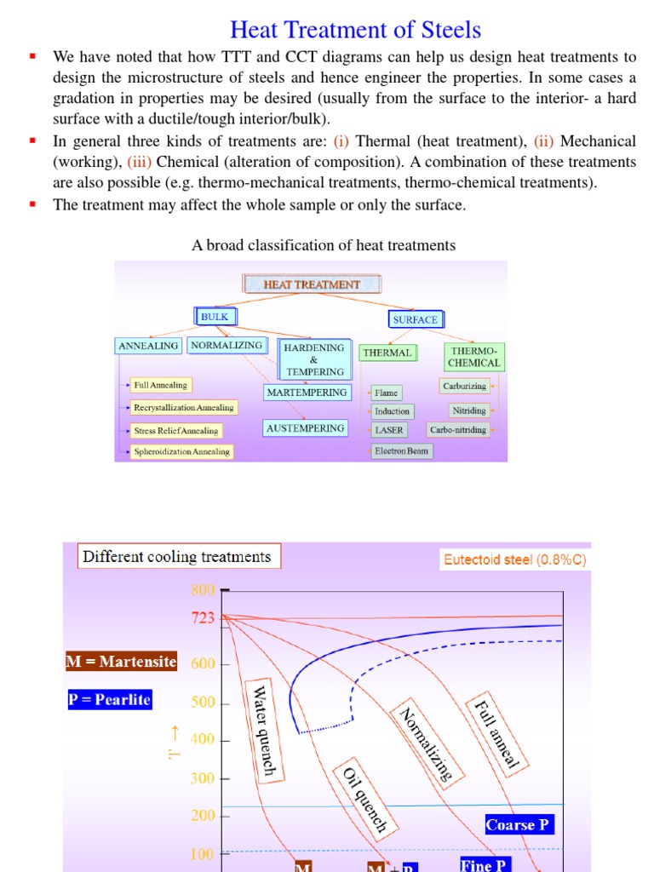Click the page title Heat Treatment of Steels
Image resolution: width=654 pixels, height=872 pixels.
click(355, 30)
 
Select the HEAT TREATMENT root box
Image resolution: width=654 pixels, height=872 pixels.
click(312, 284)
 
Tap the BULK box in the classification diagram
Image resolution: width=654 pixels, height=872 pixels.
click(215, 317)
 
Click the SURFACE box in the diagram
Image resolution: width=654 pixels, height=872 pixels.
click(415, 319)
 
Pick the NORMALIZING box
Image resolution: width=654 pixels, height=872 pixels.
click(227, 346)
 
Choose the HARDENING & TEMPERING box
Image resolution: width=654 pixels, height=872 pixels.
click(314, 359)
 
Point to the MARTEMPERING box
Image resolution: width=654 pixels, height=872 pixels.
click(307, 393)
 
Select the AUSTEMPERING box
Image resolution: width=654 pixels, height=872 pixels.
click(306, 428)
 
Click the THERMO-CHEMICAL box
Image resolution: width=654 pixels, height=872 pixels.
click(473, 357)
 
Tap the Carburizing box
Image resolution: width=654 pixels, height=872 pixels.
click(464, 386)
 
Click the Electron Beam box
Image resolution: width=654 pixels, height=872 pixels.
click(402, 450)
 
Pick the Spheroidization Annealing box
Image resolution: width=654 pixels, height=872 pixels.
click(181, 451)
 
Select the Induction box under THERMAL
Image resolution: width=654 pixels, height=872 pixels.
click(392, 411)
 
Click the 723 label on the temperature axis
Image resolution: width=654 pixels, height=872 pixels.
click(203, 619)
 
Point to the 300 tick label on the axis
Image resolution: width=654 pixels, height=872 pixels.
click(203, 778)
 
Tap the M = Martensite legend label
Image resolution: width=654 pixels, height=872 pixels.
click(121, 662)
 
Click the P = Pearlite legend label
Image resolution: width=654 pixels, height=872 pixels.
click(109, 700)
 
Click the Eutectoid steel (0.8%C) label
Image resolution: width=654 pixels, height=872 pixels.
click(514, 560)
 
